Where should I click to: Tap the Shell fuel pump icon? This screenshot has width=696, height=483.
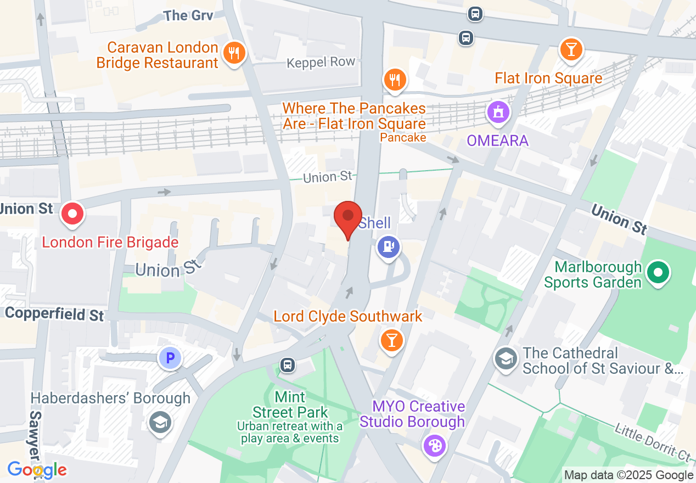point(389,246)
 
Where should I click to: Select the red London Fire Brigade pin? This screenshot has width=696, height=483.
point(72,214)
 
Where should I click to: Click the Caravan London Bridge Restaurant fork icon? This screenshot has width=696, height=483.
point(234,53)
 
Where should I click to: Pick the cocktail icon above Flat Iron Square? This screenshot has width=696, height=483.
point(571,50)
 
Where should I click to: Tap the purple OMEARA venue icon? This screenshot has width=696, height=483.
point(498,113)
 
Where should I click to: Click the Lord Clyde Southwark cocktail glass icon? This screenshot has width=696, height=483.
point(391,340)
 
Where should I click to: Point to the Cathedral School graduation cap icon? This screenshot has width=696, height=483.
point(506,359)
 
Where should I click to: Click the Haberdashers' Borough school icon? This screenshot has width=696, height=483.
point(160,422)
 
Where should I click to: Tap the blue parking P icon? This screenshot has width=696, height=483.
point(170,359)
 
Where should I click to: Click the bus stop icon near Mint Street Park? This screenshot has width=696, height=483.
point(287,364)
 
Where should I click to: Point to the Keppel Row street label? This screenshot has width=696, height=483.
point(321,63)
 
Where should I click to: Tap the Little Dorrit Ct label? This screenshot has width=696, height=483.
point(653,442)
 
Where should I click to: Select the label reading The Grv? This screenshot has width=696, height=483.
point(188,15)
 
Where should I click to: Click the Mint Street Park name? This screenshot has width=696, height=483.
point(290,404)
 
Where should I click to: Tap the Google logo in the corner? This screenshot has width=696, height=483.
point(37,470)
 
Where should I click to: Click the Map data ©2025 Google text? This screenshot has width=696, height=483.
point(628,475)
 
